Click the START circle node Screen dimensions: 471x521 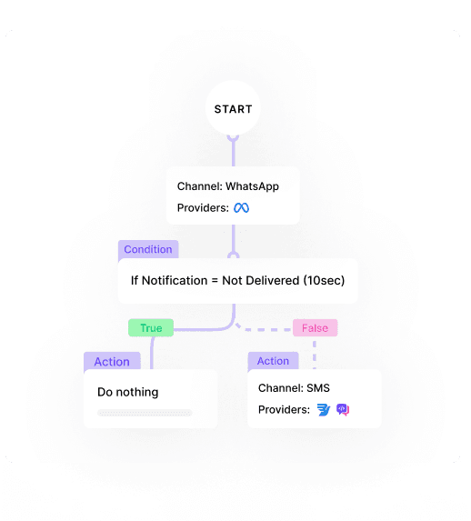tap(233, 108)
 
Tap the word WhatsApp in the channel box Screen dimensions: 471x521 tap(252, 186)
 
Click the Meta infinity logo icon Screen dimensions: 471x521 tap(241, 208)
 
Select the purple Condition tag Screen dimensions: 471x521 tap(148, 249)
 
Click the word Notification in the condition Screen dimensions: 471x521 tap(175, 281)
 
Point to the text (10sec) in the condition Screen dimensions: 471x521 tap(324, 281)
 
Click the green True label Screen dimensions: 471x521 tap(151, 328)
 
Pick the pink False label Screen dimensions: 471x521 tap(316, 328)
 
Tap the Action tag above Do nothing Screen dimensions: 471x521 tap(112, 361)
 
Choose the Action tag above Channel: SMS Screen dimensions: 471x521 tap(273, 361)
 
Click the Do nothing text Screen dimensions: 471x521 tap(128, 392)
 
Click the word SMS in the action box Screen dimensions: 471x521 tap(318, 388)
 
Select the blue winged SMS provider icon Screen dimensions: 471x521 tap(324, 410)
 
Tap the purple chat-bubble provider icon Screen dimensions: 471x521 tap(343, 410)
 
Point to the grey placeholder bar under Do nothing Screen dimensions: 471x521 tap(145, 413)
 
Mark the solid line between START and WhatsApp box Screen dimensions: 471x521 tap(234, 151)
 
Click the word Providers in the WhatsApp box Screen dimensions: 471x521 tap(203, 208)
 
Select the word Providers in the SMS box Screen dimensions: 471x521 tap(284, 410)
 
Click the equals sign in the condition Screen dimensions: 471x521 tap(215, 281)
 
